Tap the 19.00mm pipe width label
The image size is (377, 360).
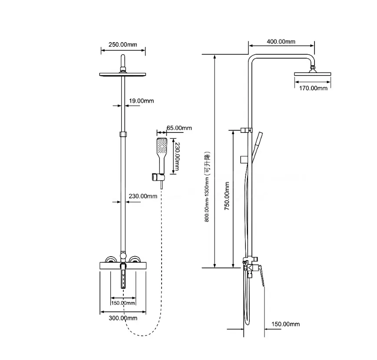tap(141, 101)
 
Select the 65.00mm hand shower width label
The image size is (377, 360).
tap(179, 128)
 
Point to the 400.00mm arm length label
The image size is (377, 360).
tap(281, 42)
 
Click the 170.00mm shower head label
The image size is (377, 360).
tap(313, 88)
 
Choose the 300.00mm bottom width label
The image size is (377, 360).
tap(122, 318)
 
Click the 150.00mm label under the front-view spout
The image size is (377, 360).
tap(122, 303)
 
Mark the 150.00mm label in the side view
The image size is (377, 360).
tap(285, 324)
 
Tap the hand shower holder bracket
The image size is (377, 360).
tap(157, 177)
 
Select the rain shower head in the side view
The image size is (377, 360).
tap(313, 74)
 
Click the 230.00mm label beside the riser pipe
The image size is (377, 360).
tap(143, 196)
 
